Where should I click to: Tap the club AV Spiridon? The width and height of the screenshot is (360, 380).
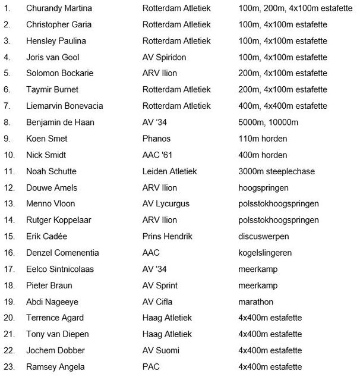pyautogui.click(x=166, y=58)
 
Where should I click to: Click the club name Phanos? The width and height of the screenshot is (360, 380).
pyautogui.click(x=156, y=139)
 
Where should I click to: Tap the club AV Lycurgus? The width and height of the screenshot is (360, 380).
pyautogui.click(x=166, y=204)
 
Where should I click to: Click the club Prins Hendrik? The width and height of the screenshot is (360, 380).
pyautogui.click(x=168, y=237)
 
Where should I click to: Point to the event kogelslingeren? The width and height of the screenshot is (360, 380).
pyautogui.click(x=265, y=253)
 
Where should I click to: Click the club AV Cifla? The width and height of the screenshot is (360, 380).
pyautogui.click(x=159, y=302)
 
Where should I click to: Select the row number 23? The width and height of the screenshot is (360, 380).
pyautogui.click(x=8, y=367)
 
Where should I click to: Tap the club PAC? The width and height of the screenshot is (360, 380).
pyautogui.click(x=151, y=367)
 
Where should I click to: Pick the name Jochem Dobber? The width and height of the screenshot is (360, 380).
pyautogui.click(x=55, y=350)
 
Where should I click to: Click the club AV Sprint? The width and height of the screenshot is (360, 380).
pyautogui.click(x=161, y=285)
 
